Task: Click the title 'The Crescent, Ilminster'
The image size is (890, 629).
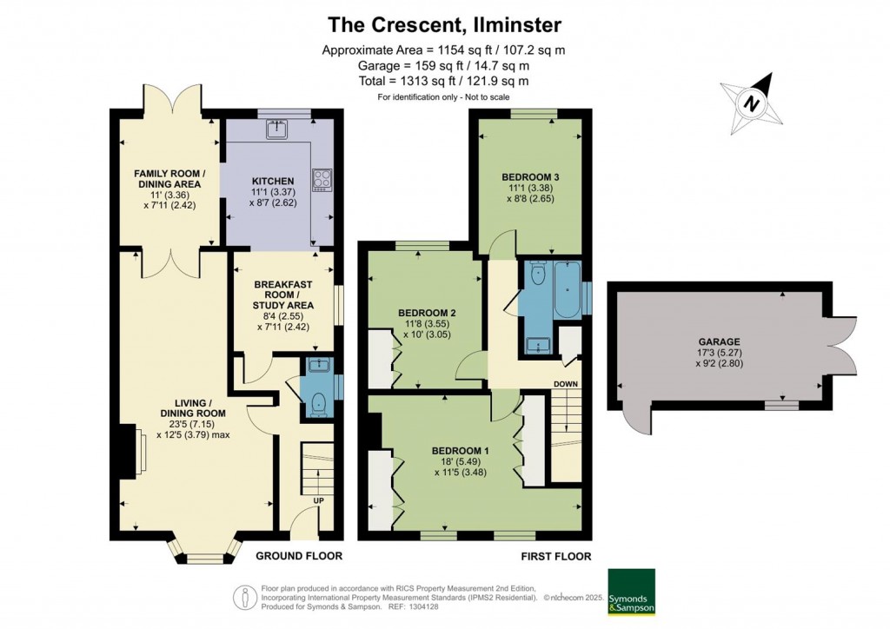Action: pyautogui.click(x=444, y=24)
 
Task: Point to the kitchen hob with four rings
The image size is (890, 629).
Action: pyautogui.click(x=322, y=178)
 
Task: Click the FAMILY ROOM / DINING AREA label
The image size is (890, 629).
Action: pyautogui.click(x=168, y=179)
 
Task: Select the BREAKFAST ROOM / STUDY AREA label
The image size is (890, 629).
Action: pyautogui.click(x=283, y=295)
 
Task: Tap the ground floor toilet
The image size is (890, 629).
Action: pyautogui.click(x=318, y=402)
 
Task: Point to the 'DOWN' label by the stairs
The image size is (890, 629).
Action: pyautogui.click(x=567, y=383)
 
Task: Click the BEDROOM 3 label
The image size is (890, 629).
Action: pyautogui.click(x=530, y=177)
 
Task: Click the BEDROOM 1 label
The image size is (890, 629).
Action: pyautogui.click(x=461, y=450)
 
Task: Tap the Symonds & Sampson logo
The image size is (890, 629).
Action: pyautogui.click(x=631, y=593)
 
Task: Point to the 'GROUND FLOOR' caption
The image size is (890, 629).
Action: pyautogui.click(x=299, y=555)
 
